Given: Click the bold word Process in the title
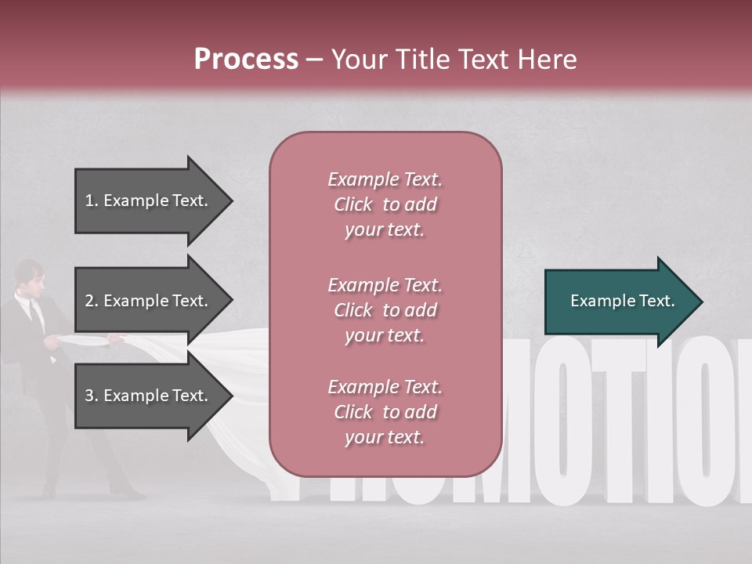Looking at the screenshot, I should click(246, 60).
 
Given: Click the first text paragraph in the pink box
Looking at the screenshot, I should click(385, 204).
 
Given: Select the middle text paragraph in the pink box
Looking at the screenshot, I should click(385, 310).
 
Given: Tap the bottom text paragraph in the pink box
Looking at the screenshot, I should click(385, 412).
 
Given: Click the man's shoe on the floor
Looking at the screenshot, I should click(125, 493).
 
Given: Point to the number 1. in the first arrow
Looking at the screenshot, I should click(92, 201).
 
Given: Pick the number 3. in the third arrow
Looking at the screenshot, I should click(92, 396).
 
